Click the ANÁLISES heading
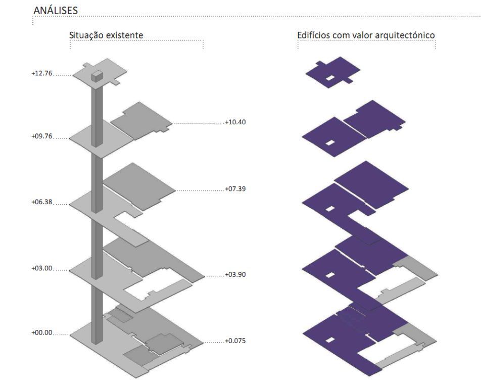[x=56, y=10]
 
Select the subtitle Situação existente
[x=106, y=35]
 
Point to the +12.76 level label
[x=42, y=73]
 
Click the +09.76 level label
[x=42, y=136]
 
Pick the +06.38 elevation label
[x=42, y=202]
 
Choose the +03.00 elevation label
[x=42, y=268]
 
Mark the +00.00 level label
[x=42, y=333]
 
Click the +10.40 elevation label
[x=235, y=122]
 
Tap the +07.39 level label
[x=235, y=189]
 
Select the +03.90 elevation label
[x=235, y=274]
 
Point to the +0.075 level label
[x=235, y=341]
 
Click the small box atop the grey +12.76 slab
[x=98, y=76]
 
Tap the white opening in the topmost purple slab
[x=330, y=78]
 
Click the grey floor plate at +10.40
[x=141, y=121]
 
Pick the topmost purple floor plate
[x=333, y=72]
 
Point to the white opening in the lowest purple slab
[x=330, y=340]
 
